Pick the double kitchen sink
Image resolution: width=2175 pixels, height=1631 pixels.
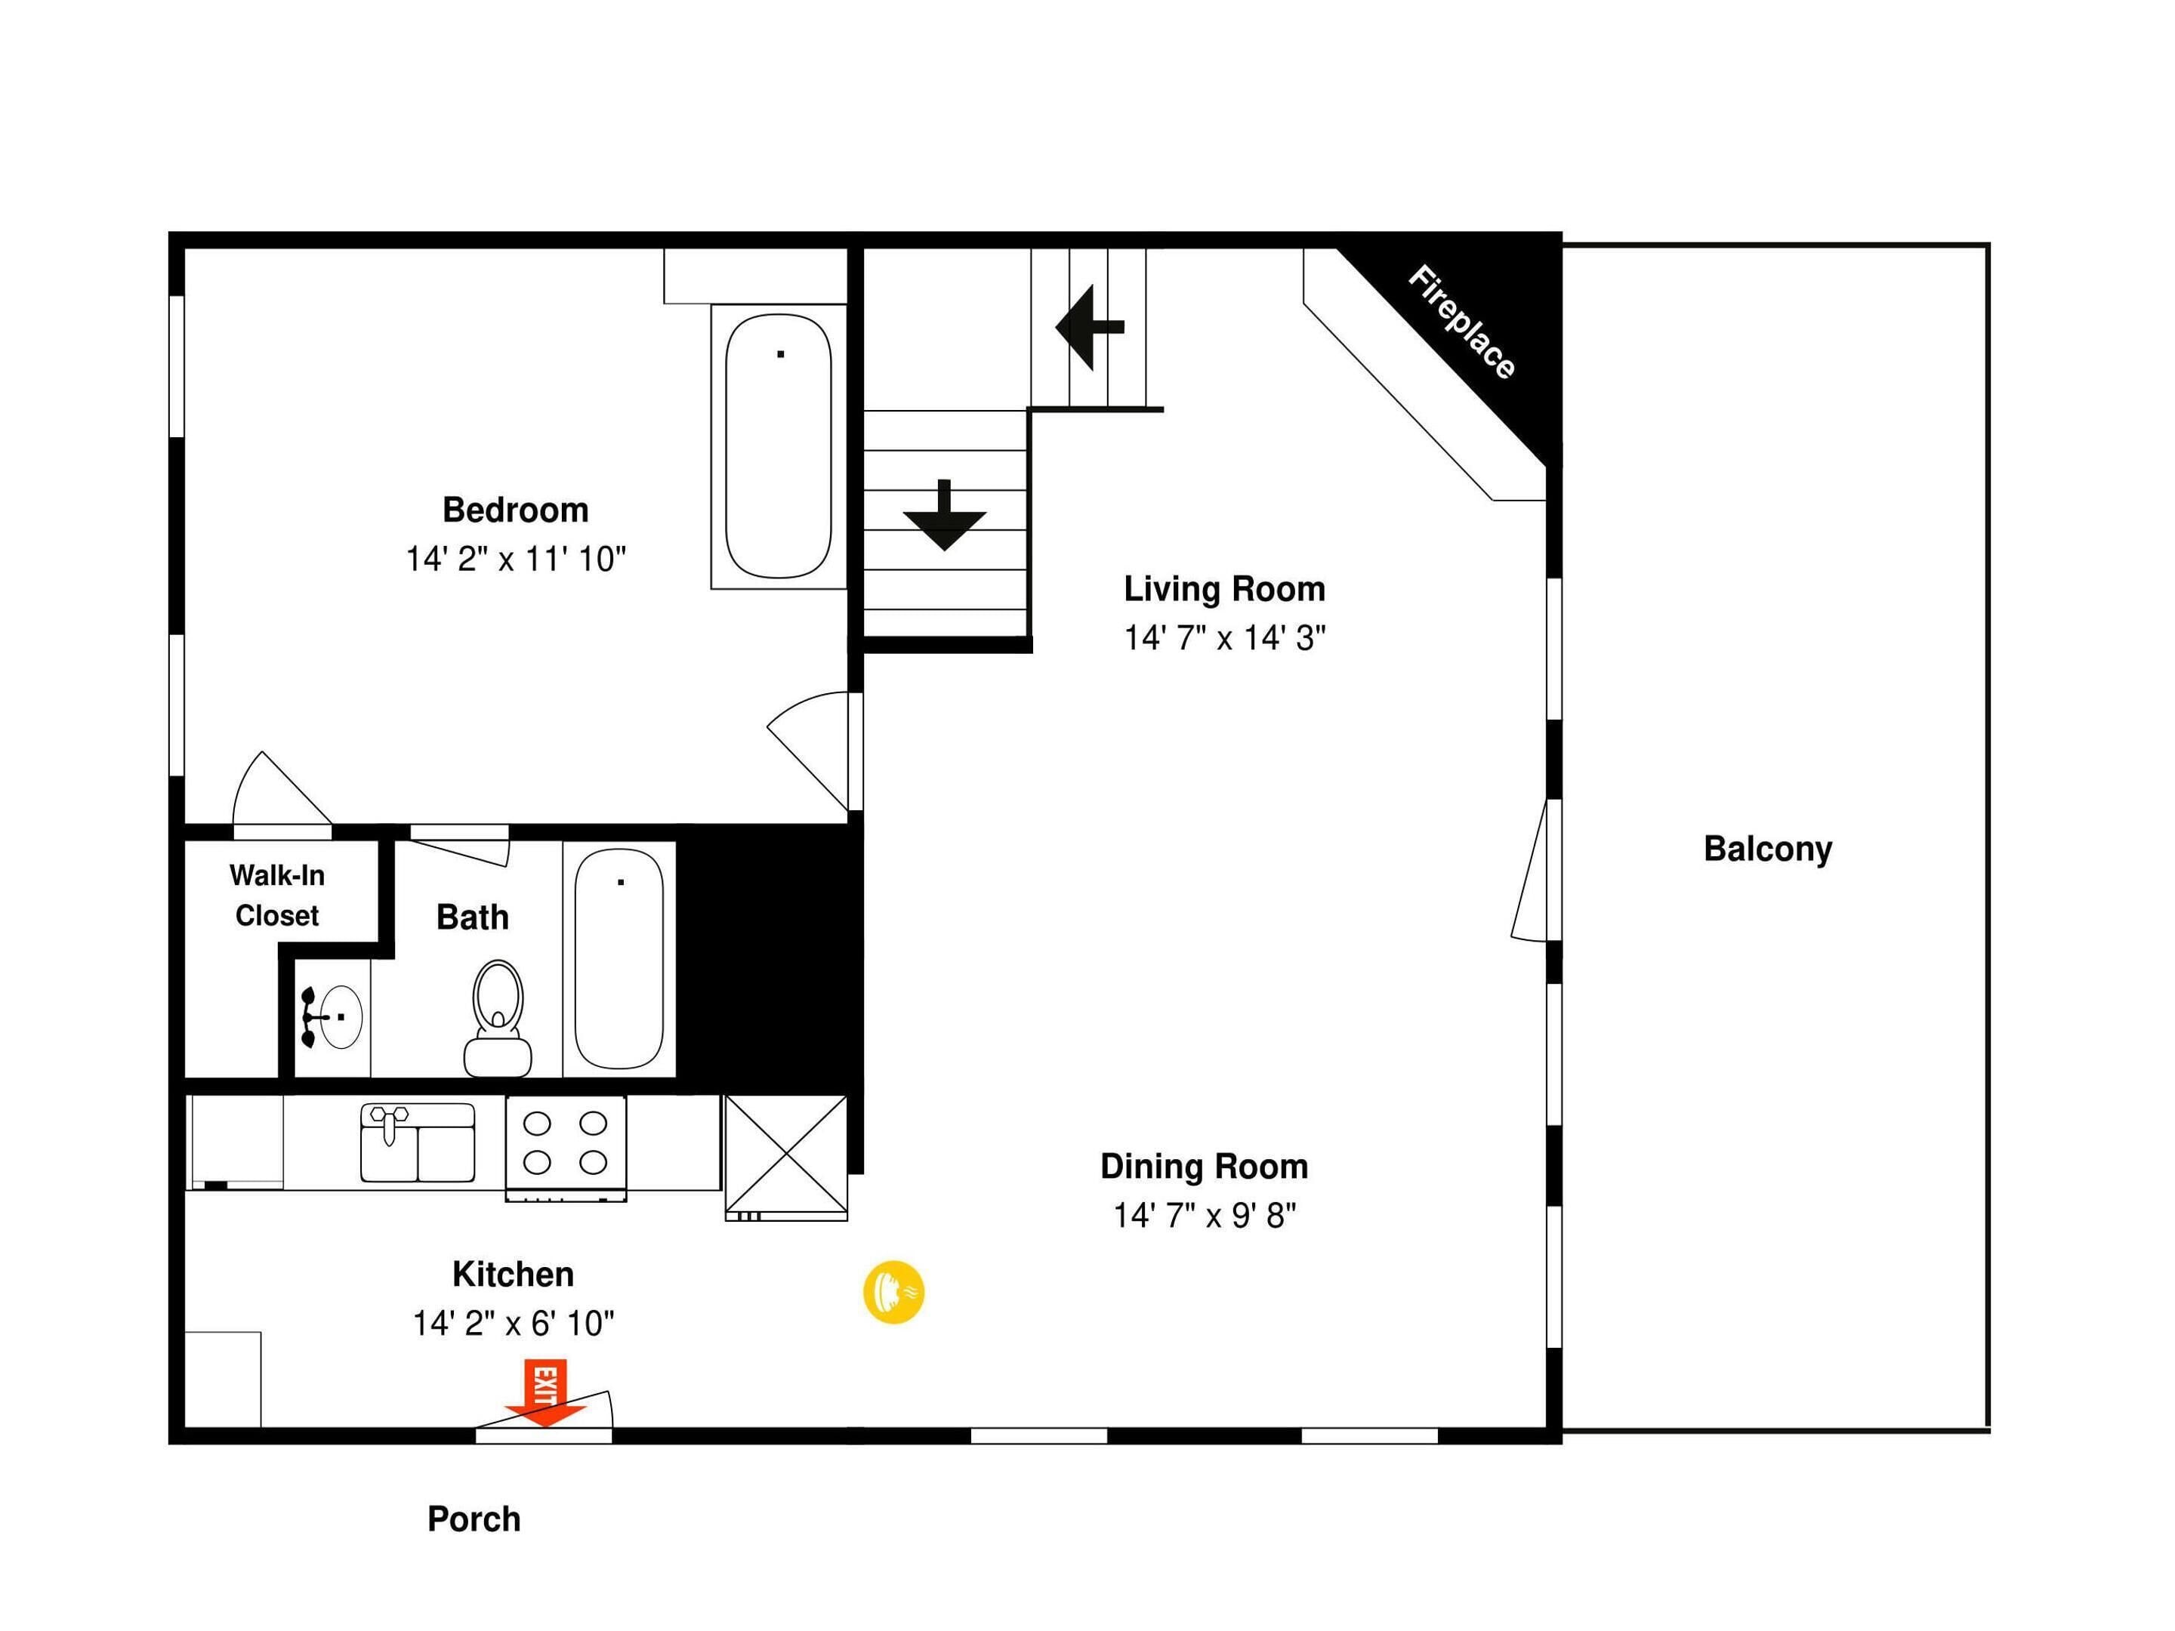(x=418, y=1142)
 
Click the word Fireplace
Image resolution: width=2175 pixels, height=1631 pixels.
(x=1461, y=322)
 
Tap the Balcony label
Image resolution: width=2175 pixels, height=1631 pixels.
(x=1767, y=849)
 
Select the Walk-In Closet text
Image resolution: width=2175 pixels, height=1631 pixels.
(x=277, y=895)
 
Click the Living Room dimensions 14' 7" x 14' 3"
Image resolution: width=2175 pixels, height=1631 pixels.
(x=1224, y=638)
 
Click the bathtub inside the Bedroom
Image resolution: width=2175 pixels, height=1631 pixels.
(x=778, y=446)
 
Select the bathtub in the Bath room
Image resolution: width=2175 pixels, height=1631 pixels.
(x=619, y=958)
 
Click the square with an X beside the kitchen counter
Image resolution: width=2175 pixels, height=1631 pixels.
(x=785, y=1155)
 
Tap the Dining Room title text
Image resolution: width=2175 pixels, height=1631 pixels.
(x=1204, y=1166)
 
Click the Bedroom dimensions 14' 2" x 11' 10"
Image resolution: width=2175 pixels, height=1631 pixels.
(x=515, y=560)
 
